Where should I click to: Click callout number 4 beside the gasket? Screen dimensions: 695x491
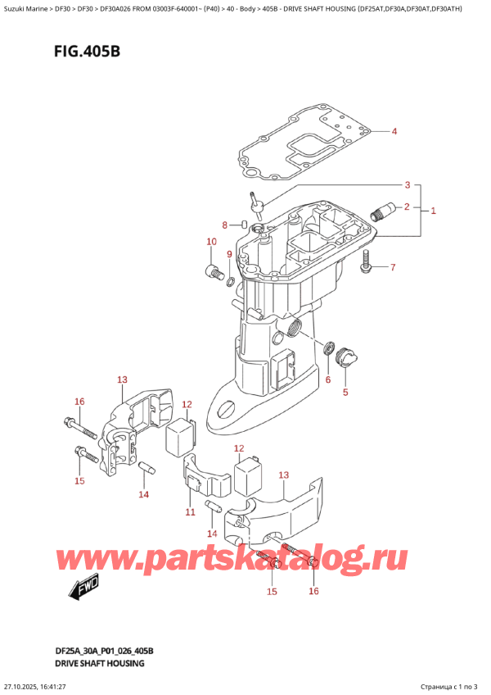(394, 132)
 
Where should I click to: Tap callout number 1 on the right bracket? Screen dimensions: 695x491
(433, 211)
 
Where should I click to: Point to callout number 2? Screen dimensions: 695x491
(407, 206)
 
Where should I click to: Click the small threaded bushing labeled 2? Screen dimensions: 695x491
(378, 214)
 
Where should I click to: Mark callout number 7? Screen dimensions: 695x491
(392, 267)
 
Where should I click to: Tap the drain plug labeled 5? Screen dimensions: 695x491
(345, 359)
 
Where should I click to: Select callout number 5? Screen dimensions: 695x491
(345, 392)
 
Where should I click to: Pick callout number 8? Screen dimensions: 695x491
(226, 225)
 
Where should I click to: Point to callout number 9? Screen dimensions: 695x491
(229, 255)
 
